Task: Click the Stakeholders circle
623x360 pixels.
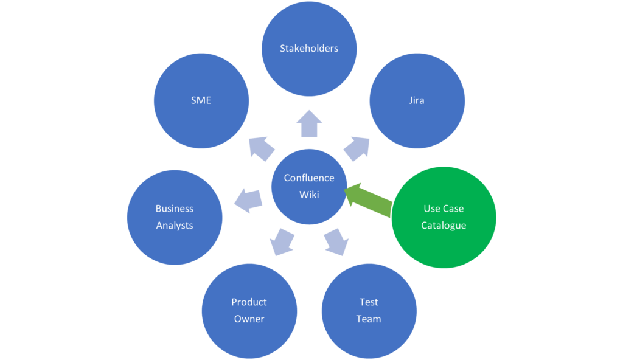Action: (x=309, y=49)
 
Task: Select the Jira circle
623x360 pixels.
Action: (x=417, y=100)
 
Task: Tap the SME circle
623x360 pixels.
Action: (x=201, y=100)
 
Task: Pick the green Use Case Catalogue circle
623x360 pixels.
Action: (x=444, y=217)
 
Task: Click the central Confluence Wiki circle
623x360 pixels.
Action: (x=309, y=186)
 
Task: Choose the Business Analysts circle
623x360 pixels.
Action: (x=175, y=217)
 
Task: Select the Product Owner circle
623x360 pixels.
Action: (x=249, y=311)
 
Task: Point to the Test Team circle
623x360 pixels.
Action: (x=369, y=311)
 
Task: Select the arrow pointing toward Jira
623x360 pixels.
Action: (x=357, y=148)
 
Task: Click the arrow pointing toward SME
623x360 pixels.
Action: (x=262, y=148)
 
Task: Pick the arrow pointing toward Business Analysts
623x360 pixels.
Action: (x=249, y=200)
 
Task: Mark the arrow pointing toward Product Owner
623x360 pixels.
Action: (x=282, y=241)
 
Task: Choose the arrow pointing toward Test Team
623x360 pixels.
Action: (x=336, y=241)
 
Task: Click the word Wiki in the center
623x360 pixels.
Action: (x=309, y=195)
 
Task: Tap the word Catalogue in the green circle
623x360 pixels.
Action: (x=444, y=226)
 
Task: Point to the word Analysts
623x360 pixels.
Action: (x=175, y=226)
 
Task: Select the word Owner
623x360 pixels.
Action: (x=249, y=319)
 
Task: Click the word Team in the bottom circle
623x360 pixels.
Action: (x=369, y=319)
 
